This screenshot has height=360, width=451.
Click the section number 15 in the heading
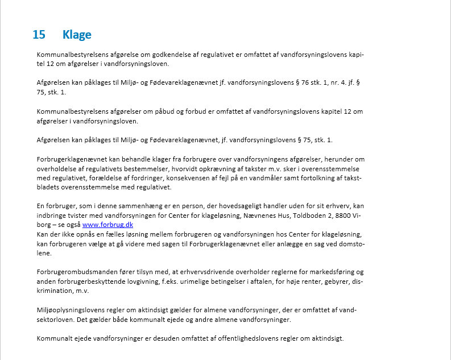point(39,35)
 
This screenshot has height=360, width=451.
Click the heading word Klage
point(77,35)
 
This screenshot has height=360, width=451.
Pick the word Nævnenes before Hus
point(243,216)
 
